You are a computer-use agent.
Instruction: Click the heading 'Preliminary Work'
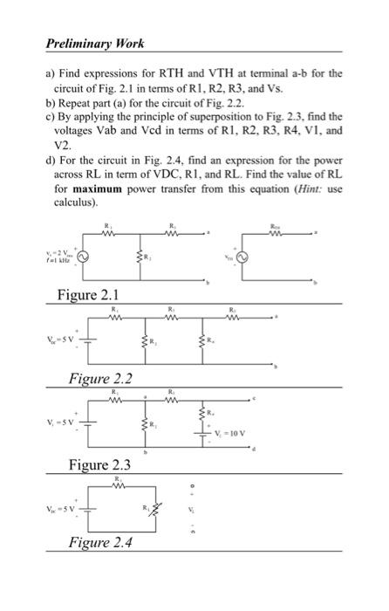(x=96, y=43)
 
